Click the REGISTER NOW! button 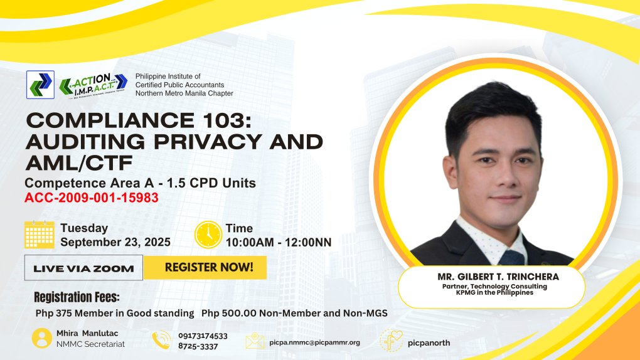[205, 267]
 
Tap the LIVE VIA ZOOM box [83, 268]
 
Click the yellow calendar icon [39, 235]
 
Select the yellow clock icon [208, 235]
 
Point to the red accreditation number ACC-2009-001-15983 [92, 198]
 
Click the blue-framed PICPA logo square [40, 85]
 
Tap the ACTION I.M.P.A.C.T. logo [93, 85]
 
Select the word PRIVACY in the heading [208, 142]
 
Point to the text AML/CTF [79, 163]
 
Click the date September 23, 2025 [115, 242]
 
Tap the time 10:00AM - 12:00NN [279, 243]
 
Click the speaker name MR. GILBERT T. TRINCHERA [498, 277]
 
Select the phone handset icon [162, 340]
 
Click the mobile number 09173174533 [203, 336]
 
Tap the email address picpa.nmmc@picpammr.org [315, 342]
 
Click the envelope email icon [255, 341]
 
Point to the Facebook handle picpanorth [429, 343]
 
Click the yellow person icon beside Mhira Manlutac [42, 339]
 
